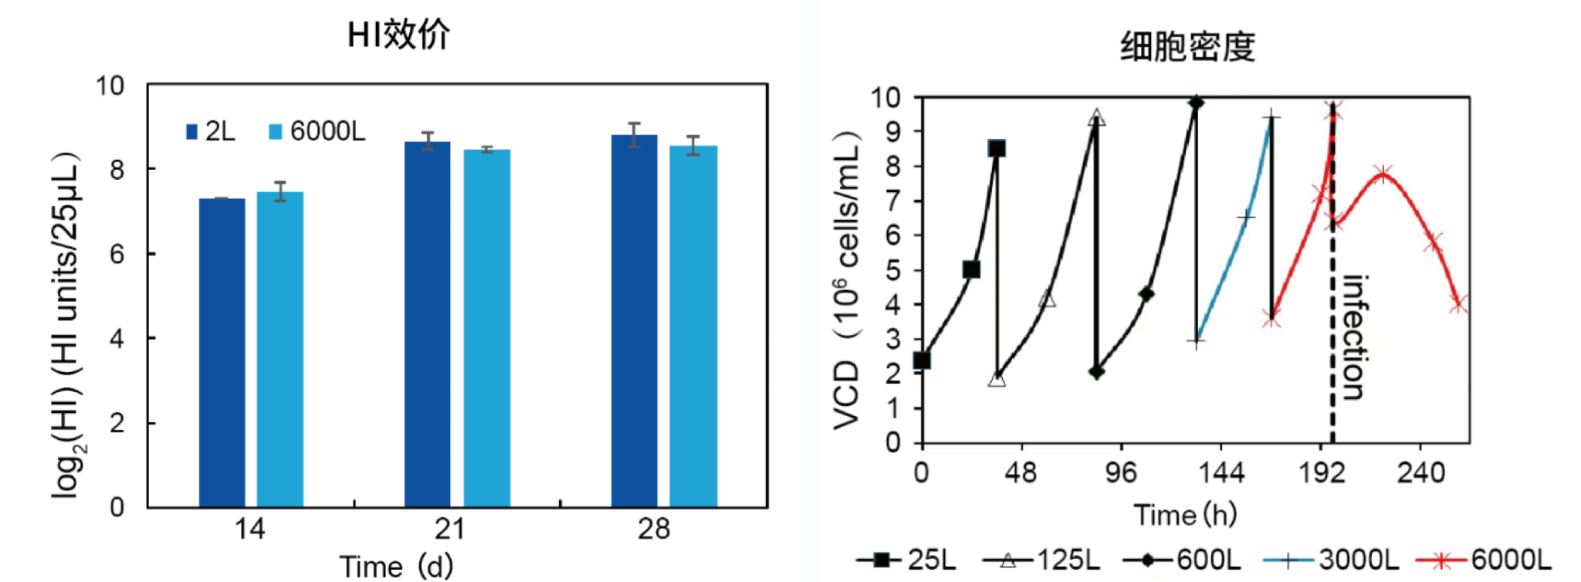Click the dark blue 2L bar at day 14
click(222, 353)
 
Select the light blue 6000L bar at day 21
click(486, 328)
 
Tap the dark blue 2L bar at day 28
click(634, 321)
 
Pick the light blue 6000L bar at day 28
click(693, 326)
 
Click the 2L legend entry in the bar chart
click(211, 132)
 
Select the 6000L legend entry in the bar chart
click(317, 132)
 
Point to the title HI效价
click(398, 35)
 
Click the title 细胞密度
click(1187, 47)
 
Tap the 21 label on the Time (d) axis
click(449, 530)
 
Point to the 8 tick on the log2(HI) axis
click(117, 169)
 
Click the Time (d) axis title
click(396, 567)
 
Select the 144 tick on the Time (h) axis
click(1220, 472)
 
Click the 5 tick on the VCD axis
click(893, 270)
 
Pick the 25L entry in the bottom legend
click(907, 560)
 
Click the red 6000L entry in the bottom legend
click(1483, 560)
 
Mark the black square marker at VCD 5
click(971, 269)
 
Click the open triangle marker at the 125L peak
click(1096, 118)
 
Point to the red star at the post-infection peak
click(1383, 173)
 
